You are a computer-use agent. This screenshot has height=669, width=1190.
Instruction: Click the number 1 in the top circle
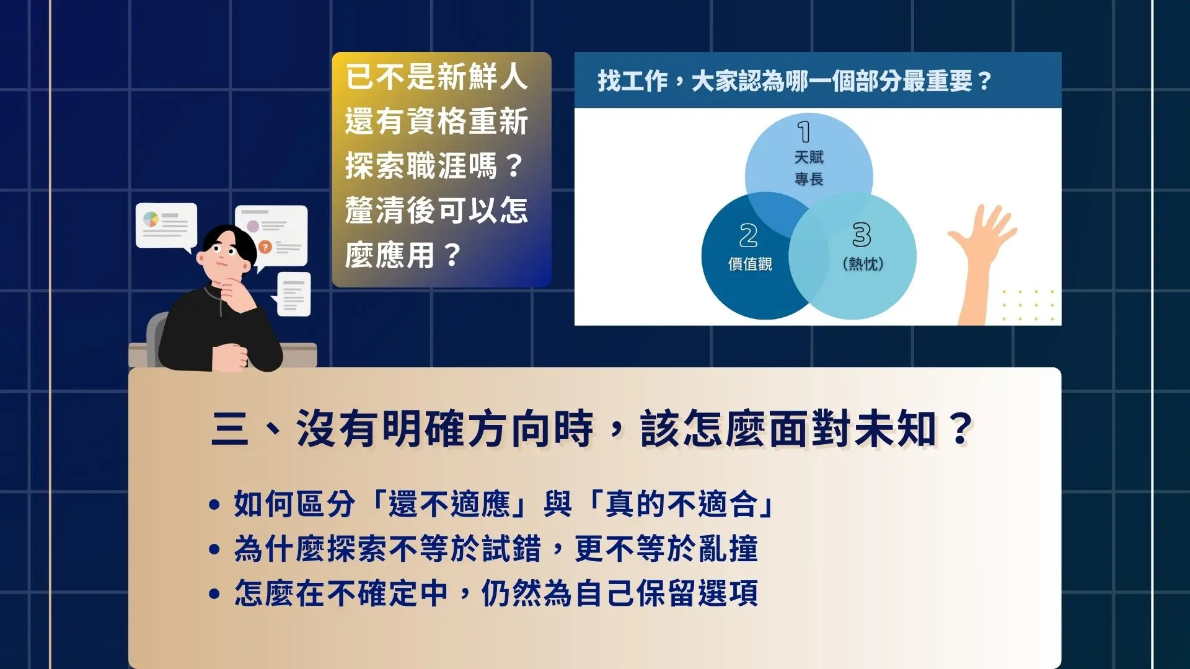[x=804, y=132]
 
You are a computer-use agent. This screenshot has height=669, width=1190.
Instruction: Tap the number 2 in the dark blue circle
[x=749, y=235]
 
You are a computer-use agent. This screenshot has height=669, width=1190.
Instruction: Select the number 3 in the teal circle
[x=862, y=235]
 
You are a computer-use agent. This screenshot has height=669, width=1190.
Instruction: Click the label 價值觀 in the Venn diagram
[x=750, y=264]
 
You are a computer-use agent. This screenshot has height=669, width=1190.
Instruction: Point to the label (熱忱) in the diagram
[x=863, y=264]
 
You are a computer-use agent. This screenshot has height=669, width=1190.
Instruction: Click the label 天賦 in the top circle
[x=809, y=157]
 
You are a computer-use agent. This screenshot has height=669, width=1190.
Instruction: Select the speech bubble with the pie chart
[x=167, y=227]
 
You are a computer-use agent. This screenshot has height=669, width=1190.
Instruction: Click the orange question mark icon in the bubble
[x=265, y=247]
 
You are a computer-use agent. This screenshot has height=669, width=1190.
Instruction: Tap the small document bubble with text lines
[x=293, y=294]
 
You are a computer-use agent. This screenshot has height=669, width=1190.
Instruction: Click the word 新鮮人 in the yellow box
[x=483, y=77]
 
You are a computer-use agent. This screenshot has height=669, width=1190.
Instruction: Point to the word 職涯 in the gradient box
[x=436, y=166]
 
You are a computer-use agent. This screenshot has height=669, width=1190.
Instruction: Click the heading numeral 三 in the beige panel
[x=230, y=429]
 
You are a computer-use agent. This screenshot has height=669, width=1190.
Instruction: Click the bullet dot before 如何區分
[x=214, y=504]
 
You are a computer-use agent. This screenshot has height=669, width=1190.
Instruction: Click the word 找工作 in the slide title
[x=633, y=81]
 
